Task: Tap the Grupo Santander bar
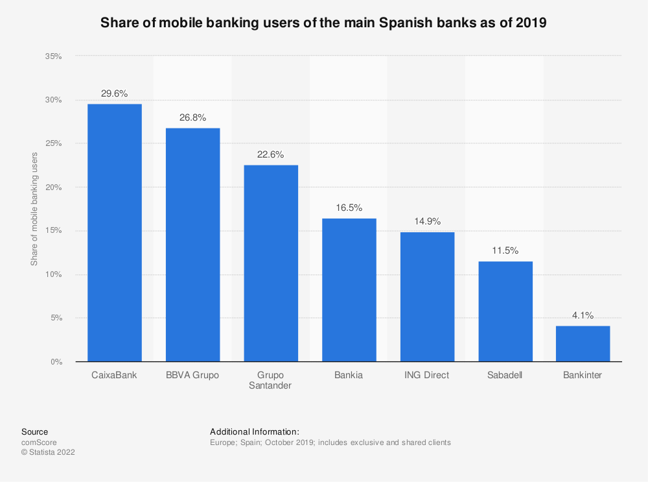click(271, 263)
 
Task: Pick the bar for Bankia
click(349, 289)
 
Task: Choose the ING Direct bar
click(427, 296)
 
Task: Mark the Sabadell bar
click(505, 311)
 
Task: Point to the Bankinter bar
click(583, 343)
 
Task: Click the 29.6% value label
click(115, 93)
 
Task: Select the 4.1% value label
click(583, 316)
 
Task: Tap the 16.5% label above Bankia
click(349, 208)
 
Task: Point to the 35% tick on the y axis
click(53, 56)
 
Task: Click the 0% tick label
click(56, 361)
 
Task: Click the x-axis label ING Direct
click(427, 375)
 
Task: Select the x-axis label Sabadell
click(505, 375)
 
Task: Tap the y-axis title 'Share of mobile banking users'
click(34, 209)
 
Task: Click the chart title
click(323, 23)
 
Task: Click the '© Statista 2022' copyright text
click(48, 453)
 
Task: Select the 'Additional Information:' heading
click(254, 431)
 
